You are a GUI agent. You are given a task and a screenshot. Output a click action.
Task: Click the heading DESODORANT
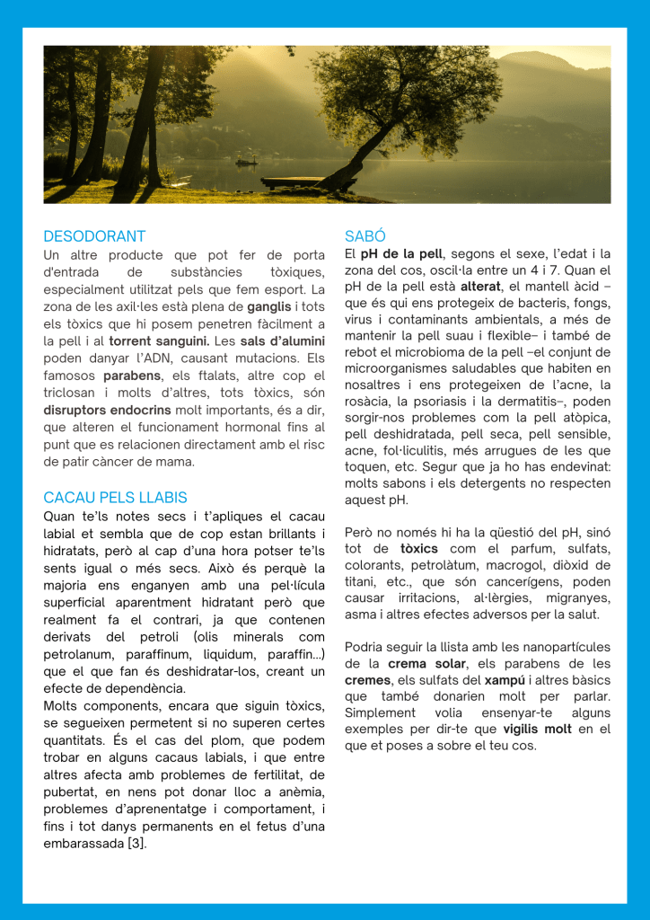tap(94, 236)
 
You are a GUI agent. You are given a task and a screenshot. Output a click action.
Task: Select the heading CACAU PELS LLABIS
tap(115, 497)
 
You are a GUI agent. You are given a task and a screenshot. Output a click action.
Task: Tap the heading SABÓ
tap(365, 236)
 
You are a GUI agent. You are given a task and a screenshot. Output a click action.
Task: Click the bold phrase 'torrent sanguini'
tap(159, 341)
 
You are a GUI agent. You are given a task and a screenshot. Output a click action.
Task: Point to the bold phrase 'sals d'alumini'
tap(277, 341)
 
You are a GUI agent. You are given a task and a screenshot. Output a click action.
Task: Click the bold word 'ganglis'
tap(269, 306)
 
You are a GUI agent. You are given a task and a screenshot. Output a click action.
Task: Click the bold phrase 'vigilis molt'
tap(537, 729)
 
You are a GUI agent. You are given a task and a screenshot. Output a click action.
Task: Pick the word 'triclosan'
tap(73, 394)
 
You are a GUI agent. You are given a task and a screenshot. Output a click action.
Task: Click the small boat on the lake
tap(245, 162)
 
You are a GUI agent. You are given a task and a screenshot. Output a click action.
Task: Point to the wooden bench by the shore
tap(292, 181)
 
